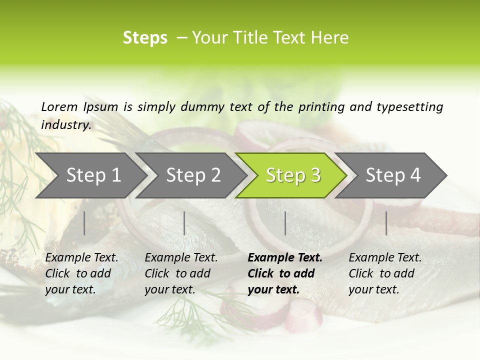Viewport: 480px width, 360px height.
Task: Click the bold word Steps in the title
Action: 145,38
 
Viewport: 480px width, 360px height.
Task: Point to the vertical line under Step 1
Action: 84,223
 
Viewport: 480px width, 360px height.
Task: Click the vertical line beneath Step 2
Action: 184,223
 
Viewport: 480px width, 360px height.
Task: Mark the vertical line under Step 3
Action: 285,223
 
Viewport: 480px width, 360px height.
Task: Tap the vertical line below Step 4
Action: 386,223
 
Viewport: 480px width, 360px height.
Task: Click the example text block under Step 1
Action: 81,273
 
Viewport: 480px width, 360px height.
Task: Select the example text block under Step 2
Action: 181,273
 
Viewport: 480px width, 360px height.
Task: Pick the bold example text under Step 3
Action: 285,273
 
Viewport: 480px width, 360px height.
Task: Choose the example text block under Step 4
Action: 385,273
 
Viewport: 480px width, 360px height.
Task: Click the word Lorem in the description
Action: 59,106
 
